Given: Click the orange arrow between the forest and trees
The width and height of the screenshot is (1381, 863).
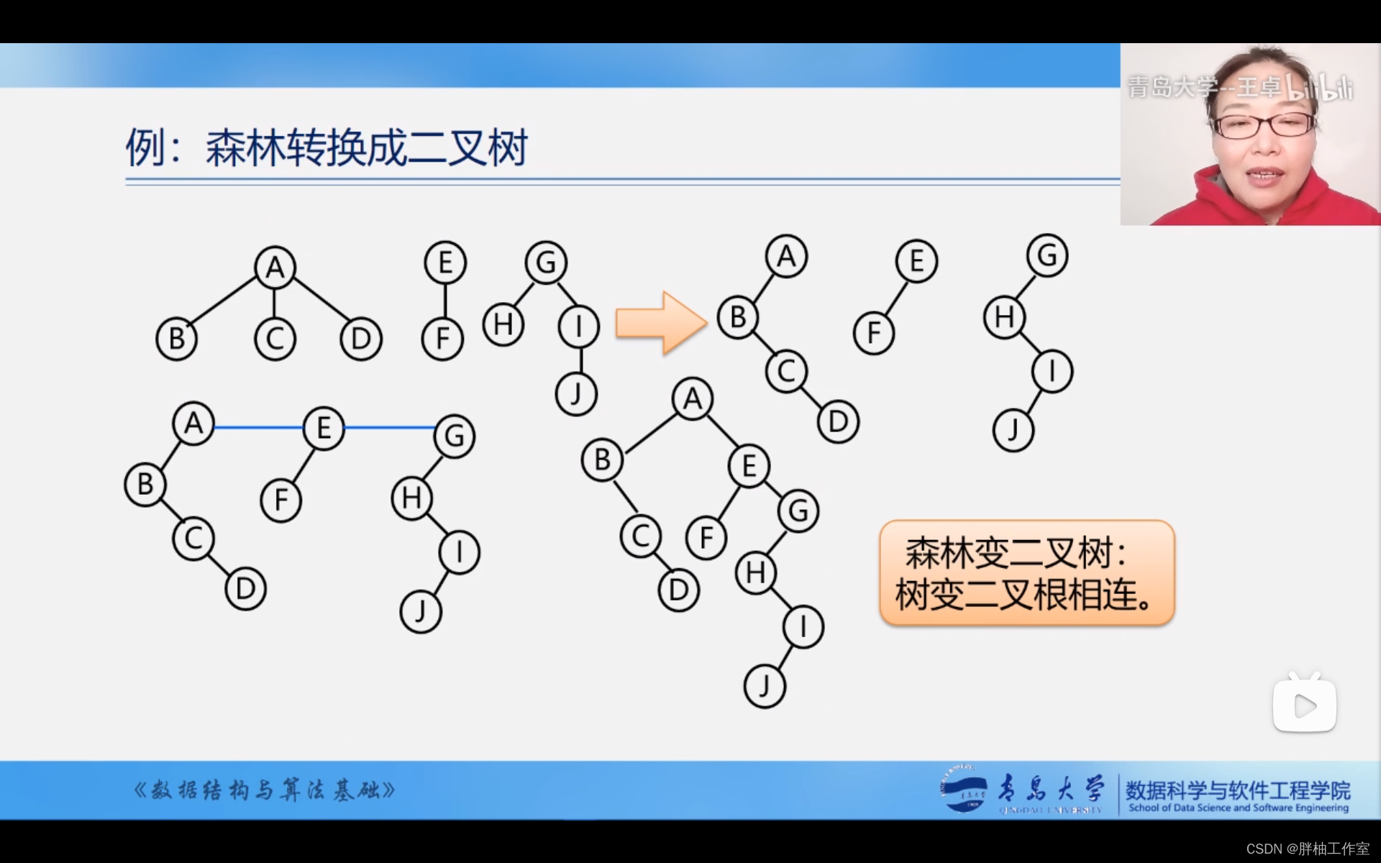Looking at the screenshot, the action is pos(660,323).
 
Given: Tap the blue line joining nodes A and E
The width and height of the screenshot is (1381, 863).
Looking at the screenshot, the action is pos(258,427).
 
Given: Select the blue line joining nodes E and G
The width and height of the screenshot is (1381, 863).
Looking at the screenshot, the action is pos(389,427).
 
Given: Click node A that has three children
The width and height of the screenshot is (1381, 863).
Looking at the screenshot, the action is pos(275,268).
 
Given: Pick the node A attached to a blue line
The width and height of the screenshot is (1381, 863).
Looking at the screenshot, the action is pos(193,424).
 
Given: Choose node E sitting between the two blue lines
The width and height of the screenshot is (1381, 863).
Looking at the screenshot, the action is pos(324,428).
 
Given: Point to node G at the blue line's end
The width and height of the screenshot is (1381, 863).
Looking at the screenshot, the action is pos(455,436).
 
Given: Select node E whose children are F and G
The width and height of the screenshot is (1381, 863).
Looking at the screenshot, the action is pos(749,466).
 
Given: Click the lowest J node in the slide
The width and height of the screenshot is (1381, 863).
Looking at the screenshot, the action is pos(764,686).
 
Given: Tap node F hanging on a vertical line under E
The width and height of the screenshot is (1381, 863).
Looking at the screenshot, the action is pos(442,339).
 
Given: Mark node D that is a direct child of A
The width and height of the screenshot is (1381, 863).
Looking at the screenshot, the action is pos(361,339).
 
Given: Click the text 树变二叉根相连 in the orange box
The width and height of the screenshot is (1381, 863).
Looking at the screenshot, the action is pos(1026,595).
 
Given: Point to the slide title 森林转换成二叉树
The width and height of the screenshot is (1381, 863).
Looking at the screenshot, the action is pos(367,148).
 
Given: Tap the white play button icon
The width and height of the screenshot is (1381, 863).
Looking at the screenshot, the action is pos(1304,705).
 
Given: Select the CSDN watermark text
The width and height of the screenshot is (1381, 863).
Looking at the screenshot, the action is pos(1307,849).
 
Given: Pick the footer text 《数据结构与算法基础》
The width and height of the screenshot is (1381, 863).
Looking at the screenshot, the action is pos(264,790).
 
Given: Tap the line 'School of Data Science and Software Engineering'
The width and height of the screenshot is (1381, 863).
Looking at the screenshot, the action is pos(1238,808).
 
